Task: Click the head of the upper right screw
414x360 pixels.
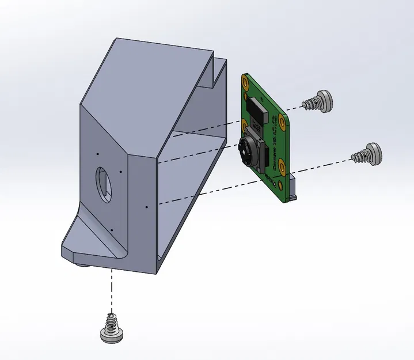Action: click(x=325, y=101)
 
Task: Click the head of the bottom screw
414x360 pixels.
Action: click(x=111, y=334)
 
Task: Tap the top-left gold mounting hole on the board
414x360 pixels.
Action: click(x=247, y=82)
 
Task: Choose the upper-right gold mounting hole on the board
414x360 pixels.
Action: click(x=282, y=120)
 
